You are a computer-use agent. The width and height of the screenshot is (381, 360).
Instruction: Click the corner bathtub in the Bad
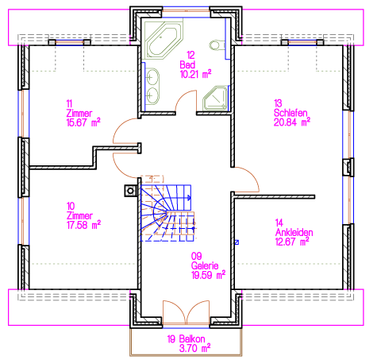pyautogui.click(x=164, y=40)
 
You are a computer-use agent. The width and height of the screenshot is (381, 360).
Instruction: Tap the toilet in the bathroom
pyautogui.click(x=217, y=45)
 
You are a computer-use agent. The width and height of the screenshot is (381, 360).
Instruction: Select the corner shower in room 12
pyautogui.click(x=215, y=98)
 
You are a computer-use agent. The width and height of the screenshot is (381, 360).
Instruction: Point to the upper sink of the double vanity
pyautogui.click(x=152, y=77)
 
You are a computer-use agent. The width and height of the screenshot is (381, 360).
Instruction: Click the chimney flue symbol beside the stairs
pyautogui.click(x=130, y=191)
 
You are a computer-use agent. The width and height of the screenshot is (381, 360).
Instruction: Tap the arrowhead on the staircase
pyautogui.click(x=189, y=197)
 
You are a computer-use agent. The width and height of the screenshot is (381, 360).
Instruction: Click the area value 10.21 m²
pyautogui.click(x=195, y=75)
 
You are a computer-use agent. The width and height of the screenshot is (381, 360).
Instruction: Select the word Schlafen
pyautogui.click(x=291, y=113)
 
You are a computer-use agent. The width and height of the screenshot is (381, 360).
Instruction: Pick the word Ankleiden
pyautogui.click(x=294, y=233)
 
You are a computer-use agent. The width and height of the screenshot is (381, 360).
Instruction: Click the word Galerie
pyautogui.click(x=205, y=265)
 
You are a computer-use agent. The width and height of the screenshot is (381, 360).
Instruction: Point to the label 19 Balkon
pyautogui.click(x=186, y=339)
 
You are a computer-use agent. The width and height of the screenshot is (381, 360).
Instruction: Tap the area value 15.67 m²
pyautogui.click(x=83, y=122)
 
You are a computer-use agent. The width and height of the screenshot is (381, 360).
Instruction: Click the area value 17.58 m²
pyautogui.click(x=83, y=225)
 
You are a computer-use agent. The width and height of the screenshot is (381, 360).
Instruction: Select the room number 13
pyautogui.click(x=278, y=103)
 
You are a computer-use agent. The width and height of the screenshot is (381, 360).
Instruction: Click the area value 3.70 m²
pyautogui.click(x=194, y=348)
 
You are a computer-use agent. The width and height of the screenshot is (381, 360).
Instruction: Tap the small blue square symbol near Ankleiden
pyautogui.click(x=237, y=242)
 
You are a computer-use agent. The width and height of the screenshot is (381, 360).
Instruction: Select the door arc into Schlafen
pyautogui.click(x=251, y=176)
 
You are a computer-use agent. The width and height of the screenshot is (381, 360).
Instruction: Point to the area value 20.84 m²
pyautogui.click(x=292, y=122)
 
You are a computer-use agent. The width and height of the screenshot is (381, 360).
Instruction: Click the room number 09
pyautogui.click(x=197, y=256)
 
